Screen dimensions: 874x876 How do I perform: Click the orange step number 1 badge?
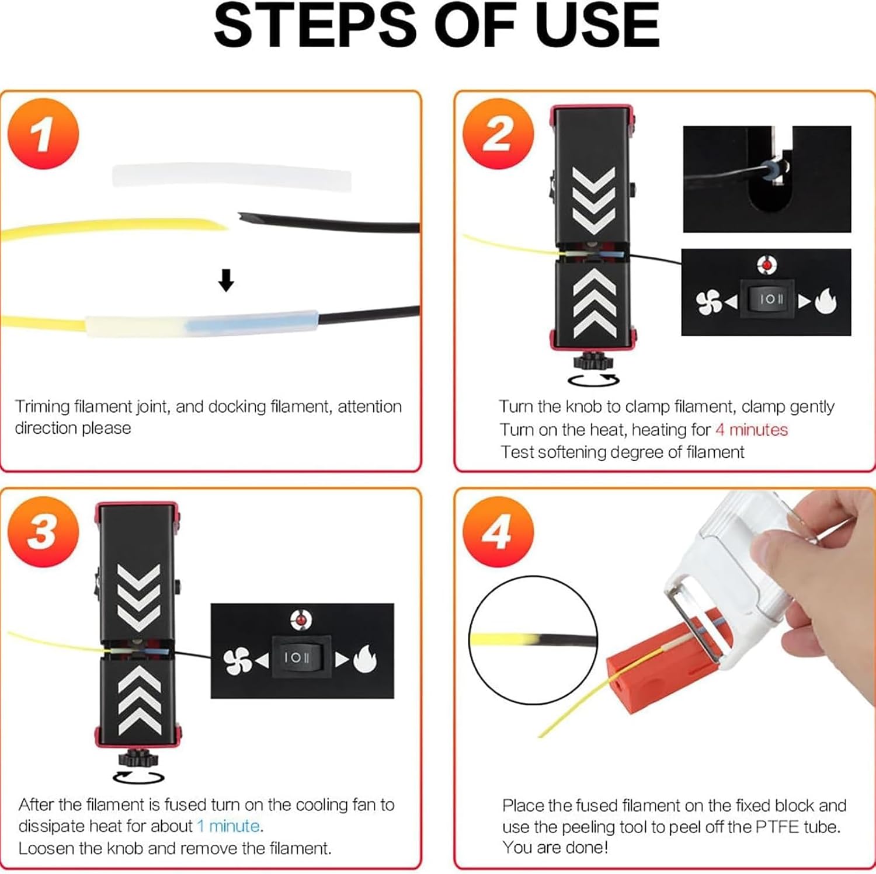43,134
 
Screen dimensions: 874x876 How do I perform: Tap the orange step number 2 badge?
498,134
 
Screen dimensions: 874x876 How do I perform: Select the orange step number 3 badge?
43,531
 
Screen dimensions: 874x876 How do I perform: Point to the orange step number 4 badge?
498,531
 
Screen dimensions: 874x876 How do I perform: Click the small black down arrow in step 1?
226,280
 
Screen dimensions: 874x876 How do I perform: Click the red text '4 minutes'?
751,430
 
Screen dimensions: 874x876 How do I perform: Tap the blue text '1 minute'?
228,826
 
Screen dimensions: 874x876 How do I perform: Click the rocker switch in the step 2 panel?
767,300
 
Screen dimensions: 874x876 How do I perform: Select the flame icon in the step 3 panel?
365,659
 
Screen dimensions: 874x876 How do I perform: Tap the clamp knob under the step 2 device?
592,360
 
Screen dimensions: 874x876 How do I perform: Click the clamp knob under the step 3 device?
138,758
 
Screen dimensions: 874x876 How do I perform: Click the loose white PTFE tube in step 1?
232,176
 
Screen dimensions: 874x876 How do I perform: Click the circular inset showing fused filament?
533,640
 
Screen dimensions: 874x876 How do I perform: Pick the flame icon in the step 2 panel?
825,301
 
